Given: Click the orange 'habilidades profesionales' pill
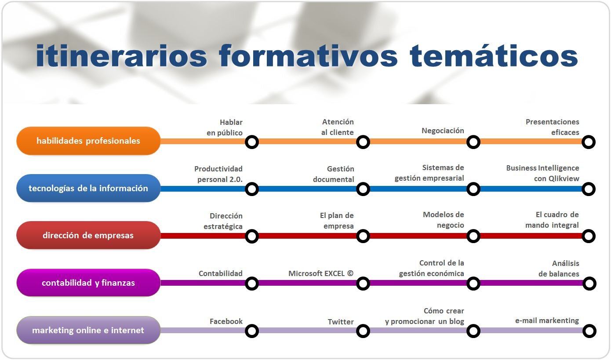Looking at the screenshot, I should pyautogui.click(x=88, y=141).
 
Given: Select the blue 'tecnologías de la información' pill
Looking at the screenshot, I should pyautogui.click(x=88, y=188).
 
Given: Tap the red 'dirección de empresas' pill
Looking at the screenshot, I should pyautogui.click(x=88, y=235).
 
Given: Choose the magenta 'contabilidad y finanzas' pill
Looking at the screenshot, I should pyautogui.click(x=88, y=283).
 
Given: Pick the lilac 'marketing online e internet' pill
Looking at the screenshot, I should pyautogui.click(x=88, y=330).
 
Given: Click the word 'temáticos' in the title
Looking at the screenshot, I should pyautogui.click(x=493, y=56).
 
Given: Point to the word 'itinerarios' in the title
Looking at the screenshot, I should pyautogui.click(x=121, y=56).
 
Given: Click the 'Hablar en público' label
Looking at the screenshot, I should pyautogui.click(x=225, y=127).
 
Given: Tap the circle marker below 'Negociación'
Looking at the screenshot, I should pyautogui.click(x=473, y=142).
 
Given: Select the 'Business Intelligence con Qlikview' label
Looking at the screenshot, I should pyautogui.click(x=542, y=173).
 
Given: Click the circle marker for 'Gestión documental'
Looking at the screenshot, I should pyautogui.click(x=363, y=189).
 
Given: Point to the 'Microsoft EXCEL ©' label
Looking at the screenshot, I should pyautogui.click(x=321, y=273).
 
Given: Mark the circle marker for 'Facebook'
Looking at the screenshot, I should pyautogui.click(x=252, y=331).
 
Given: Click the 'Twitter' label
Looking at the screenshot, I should pyautogui.click(x=341, y=322).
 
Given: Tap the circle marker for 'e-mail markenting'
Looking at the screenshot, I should pyautogui.click(x=589, y=331).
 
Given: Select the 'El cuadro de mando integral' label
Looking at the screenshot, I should pyautogui.click(x=552, y=220).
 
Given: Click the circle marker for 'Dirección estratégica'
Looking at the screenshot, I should pyautogui.click(x=252, y=236).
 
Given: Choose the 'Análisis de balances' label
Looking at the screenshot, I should pyautogui.click(x=559, y=269).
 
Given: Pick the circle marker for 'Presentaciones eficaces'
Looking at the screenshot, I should pyautogui.click(x=589, y=142).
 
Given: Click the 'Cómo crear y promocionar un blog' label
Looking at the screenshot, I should pyautogui.click(x=425, y=316).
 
